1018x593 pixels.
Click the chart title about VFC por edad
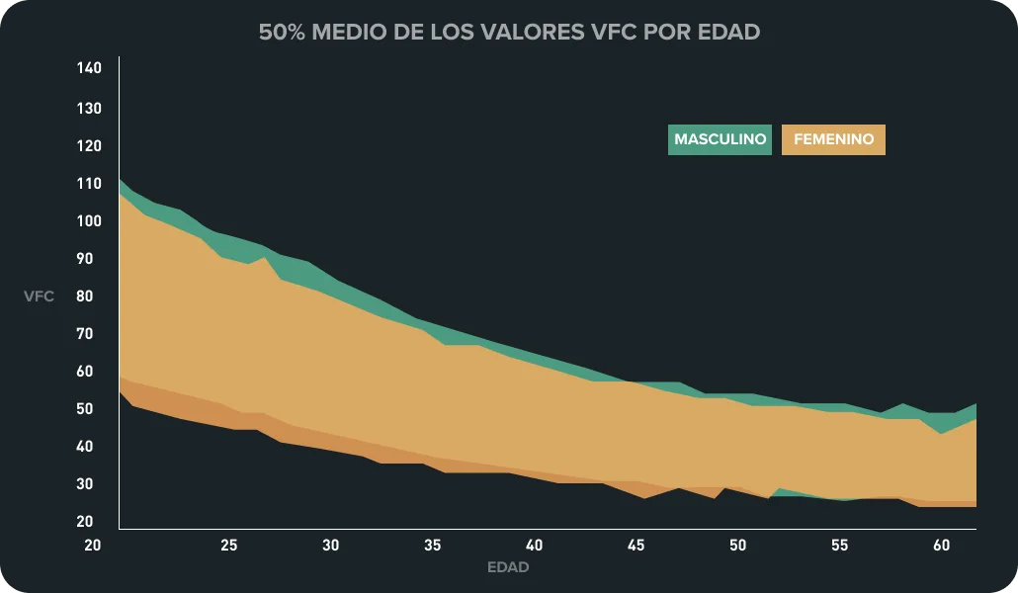(509, 32)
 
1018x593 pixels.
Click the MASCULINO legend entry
(720, 139)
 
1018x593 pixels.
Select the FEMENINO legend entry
(833, 139)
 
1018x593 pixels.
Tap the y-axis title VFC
(40, 296)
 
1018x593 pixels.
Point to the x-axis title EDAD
(508, 567)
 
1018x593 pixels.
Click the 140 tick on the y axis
(89, 68)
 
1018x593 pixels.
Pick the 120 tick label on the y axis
(89, 145)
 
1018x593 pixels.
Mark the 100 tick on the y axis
(89, 220)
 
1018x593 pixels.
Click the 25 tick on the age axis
(228, 545)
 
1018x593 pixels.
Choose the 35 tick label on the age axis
(432, 545)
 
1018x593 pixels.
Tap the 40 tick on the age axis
(534, 545)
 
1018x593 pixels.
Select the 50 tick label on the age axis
(737, 545)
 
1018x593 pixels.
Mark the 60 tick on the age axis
(941, 545)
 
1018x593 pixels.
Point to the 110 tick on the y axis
(89, 183)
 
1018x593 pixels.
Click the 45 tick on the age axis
(636, 545)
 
